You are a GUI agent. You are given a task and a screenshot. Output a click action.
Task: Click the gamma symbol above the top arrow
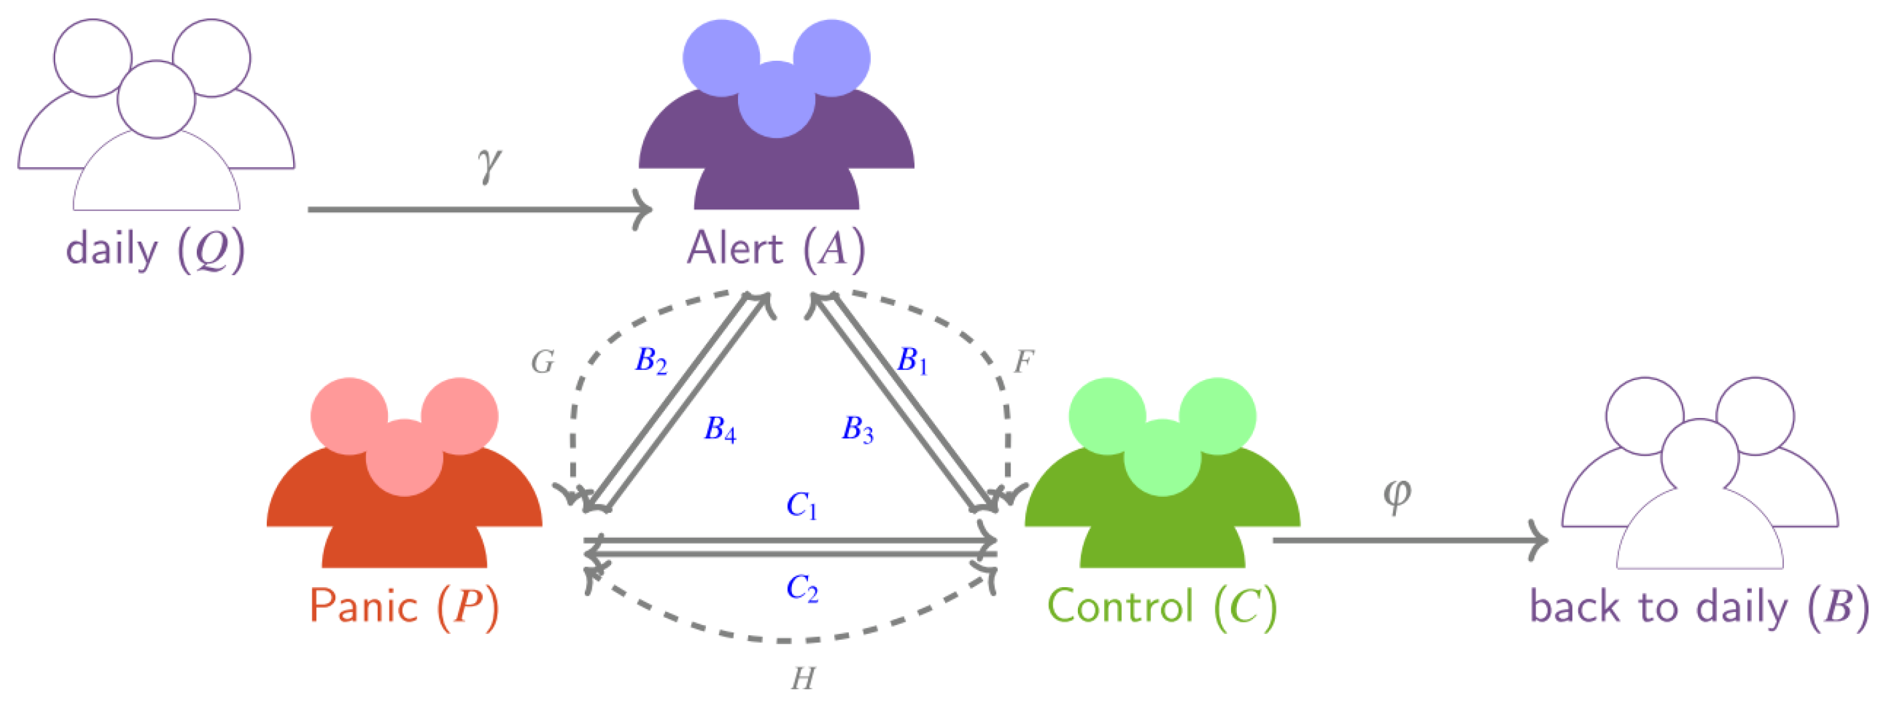click(489, 163)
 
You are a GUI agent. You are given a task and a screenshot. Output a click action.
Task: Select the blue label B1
click(912, 361)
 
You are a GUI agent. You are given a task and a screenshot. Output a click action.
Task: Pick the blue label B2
click(651, 361)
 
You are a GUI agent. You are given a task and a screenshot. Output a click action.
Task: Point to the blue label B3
click(858, 429)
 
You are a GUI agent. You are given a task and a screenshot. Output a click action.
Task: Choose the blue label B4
click(719, 429)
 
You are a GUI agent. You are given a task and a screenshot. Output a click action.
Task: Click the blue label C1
click(802, 506)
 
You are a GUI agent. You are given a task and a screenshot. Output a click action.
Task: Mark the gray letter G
click(542, 362)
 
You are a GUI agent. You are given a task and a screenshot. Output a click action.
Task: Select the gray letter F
click(1023, 361)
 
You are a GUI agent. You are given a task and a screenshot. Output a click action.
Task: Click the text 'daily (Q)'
click(155, 250)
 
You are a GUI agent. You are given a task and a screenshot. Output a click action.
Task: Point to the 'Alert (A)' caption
click(776, 250)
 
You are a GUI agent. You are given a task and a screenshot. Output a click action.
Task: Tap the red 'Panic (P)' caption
click(404, 606)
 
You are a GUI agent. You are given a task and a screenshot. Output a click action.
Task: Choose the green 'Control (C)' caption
click(1162, 606)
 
